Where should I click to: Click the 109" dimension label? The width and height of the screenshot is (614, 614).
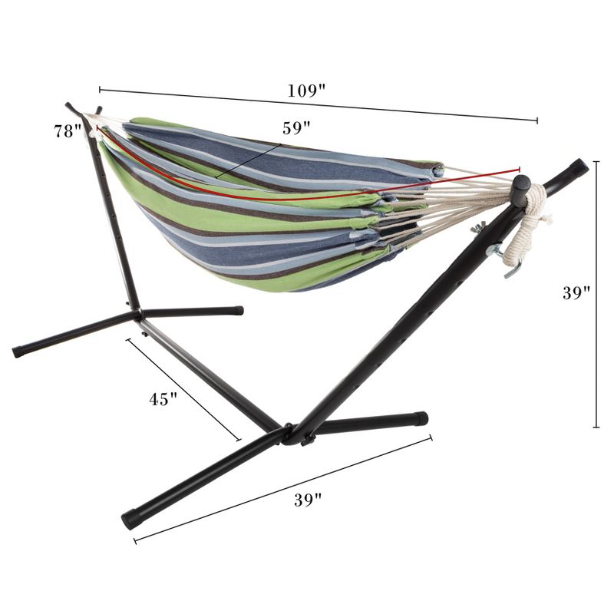306,91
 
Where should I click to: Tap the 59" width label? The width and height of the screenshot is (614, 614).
295,127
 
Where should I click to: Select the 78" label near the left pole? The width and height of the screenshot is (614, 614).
67,130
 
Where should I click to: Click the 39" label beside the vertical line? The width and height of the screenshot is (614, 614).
575,293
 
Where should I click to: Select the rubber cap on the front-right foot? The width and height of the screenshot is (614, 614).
420,419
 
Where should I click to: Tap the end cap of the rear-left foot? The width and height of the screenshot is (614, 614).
18,352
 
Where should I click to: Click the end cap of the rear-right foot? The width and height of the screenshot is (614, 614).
238,311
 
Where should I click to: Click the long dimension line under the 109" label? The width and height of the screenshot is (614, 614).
318,105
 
